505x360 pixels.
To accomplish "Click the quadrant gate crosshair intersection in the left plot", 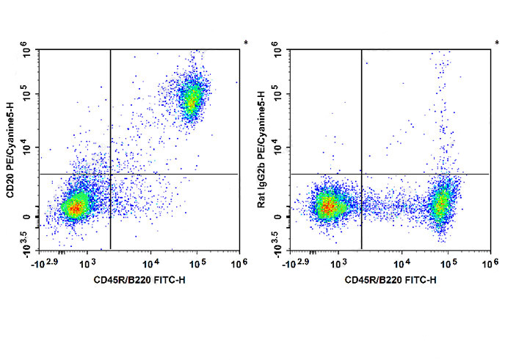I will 110,174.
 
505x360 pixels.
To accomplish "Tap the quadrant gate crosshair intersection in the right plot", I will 362,174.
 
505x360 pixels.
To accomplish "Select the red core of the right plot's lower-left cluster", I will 326,207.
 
